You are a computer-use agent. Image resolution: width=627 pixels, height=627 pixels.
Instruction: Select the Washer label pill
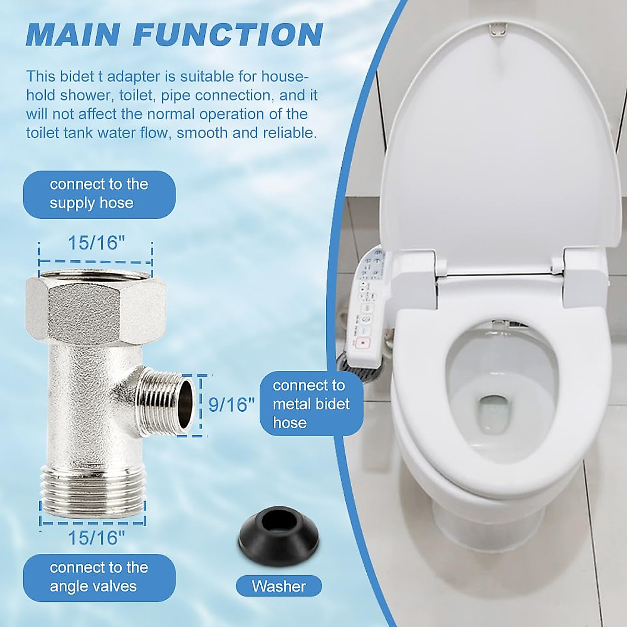[278, 586]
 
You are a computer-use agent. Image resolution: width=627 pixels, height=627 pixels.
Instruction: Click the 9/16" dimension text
[231, 404]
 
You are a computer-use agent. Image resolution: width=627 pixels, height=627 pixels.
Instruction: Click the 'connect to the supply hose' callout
[99, 194]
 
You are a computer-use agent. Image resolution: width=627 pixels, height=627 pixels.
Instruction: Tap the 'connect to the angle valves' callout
[99, 577]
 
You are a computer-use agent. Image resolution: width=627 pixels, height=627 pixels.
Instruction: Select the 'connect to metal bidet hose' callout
[311, 404]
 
